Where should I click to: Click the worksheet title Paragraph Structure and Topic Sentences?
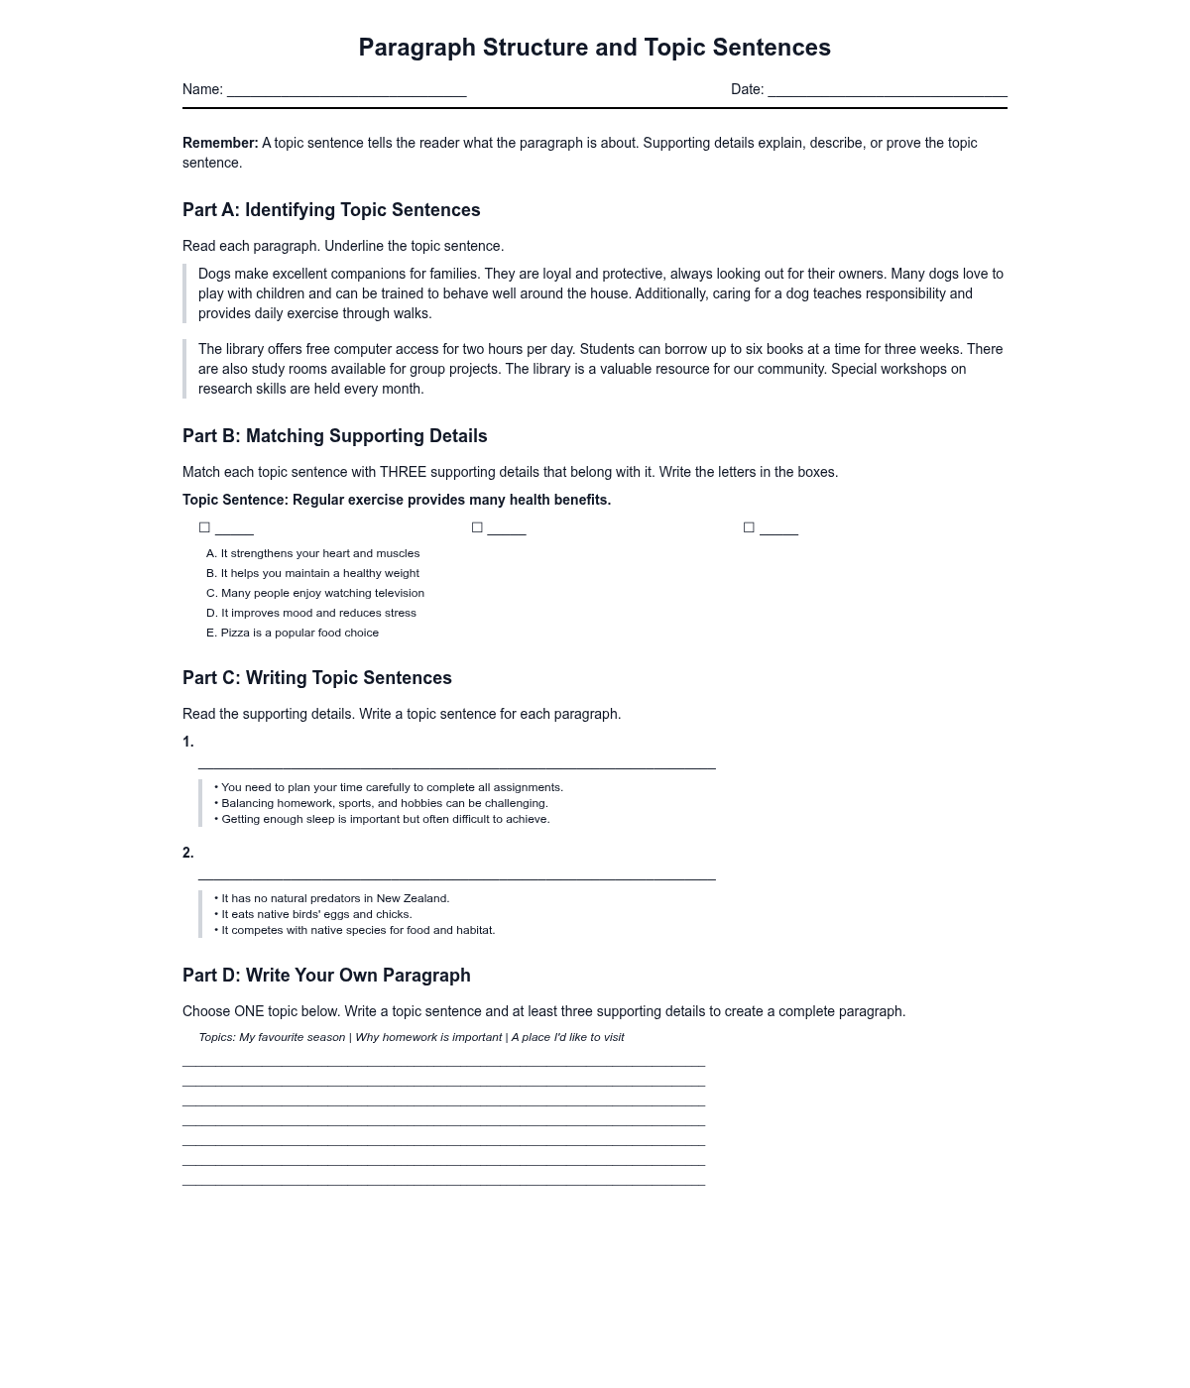coord(594,48)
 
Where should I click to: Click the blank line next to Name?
coord(346,91)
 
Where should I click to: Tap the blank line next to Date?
coord(887,91)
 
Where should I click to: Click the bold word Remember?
coord(219,143)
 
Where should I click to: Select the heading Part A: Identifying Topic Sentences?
coord(331,210)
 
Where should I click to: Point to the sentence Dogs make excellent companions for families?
coord(338,274)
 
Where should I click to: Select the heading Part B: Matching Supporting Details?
coord(334,436)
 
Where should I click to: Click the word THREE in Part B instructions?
coord(403,472)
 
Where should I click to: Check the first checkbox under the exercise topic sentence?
coord(205,527)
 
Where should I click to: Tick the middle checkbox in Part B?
coord(477,527)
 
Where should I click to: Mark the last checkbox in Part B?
coord(749,527)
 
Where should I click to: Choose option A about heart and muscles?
coord(312,553)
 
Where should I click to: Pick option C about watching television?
coord(314,593)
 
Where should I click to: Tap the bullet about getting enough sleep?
coord(382,819)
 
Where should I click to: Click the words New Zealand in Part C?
coord(413,898)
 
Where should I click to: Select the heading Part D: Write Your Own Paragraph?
coord(326,976)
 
